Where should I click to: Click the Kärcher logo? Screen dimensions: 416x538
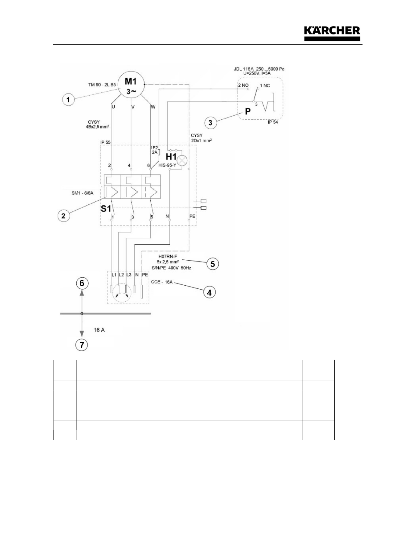332,34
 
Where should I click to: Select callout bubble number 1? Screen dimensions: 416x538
68,100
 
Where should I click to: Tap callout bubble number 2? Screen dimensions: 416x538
64,216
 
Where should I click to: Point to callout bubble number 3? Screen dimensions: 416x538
210,123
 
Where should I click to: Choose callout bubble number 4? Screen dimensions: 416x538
209,292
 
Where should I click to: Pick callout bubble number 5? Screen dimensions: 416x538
213,263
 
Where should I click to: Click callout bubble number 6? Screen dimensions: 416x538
82,283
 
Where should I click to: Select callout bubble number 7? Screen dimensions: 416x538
82,345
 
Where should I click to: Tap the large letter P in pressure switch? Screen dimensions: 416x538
248,111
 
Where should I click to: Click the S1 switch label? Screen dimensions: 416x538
106,209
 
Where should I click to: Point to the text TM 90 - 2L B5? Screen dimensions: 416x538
102,85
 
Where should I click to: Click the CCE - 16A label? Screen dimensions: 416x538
162,282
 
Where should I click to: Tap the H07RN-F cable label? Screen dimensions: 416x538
168,256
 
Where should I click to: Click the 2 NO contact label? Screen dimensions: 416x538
243,85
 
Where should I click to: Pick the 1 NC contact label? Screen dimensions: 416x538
265,86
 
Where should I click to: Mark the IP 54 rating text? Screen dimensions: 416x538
273,123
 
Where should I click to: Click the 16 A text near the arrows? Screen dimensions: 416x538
99,330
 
